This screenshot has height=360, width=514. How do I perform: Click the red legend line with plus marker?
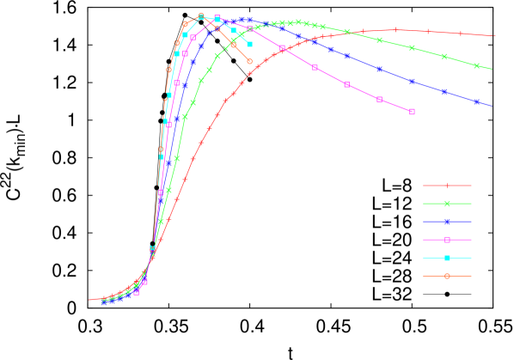click(x=447, y=186)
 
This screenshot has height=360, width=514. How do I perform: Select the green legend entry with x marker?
click(x=447, y=204)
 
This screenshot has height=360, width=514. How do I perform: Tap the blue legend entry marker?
click(x=447, y=222)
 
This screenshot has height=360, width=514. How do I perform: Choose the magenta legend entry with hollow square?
click(x=447, y=240)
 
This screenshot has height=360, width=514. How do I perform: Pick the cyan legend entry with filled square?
click(x=447, y=258)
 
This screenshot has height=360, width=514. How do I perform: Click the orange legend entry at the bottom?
click(x=447, y=276)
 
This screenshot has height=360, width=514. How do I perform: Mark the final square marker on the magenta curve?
click(x=413, y=112)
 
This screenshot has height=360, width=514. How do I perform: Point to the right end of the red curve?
click(x=495, y=36)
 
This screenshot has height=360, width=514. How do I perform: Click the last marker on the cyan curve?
click(x=250, y=44)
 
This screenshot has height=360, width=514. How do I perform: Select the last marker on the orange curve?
click(x=250, y=62)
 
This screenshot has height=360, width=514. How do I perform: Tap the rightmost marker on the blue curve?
click(x=477, y=101)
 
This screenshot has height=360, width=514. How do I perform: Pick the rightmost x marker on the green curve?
click(x=477, y=65)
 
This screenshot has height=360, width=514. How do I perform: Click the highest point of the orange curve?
click(x=201, y=15)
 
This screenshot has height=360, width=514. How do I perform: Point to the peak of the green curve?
click(x=298, y=22)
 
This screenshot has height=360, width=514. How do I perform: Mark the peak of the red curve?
click(x=396, y=30)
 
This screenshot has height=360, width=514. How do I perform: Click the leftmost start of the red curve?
click(x=90, y=300)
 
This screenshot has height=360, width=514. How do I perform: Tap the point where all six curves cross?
click(x=152, y=251)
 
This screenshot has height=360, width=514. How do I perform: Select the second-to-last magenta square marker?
click(x=380, y=100)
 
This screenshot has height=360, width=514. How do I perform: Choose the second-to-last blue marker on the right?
click(x=444, y=91)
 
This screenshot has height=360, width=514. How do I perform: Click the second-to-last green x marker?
click(x=444, y=57)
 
